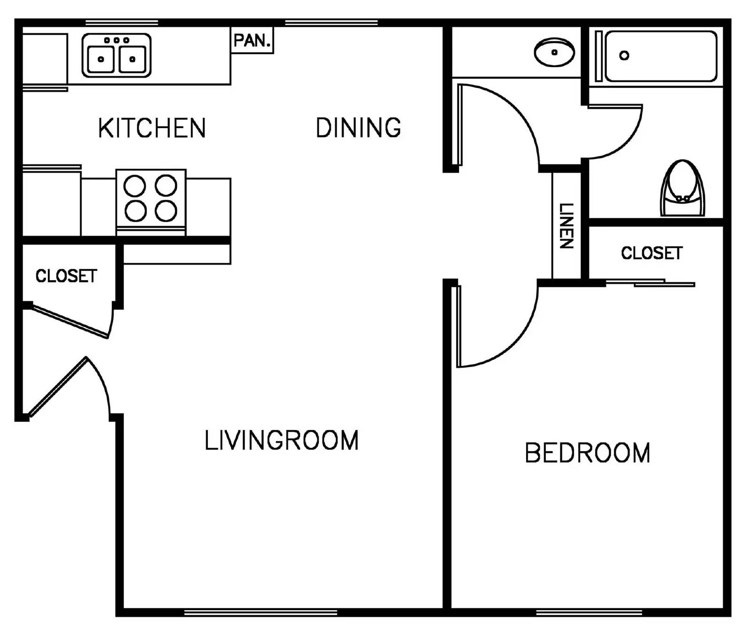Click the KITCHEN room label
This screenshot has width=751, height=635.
point(152,128)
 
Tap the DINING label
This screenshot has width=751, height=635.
point(358,128)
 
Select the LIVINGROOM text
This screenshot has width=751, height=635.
point(281,440)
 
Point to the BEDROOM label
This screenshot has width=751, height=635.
point(587,453)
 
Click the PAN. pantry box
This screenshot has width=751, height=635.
point(253,40)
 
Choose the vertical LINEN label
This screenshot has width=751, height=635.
point(566,226)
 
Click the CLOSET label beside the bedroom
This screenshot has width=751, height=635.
point(651,253)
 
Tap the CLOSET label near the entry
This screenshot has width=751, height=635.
point(66,275)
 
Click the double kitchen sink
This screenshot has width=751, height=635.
point(116,55)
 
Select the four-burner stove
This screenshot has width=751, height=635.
point(151,199)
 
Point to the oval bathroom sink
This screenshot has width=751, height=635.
point(554,52)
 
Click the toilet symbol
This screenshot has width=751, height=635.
point(682,189)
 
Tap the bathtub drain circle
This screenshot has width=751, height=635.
point(624,55)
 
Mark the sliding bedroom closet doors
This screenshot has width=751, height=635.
point(650,283)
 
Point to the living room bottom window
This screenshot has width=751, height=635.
point(261,612)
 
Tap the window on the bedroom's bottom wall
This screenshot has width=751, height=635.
point(589,612)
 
